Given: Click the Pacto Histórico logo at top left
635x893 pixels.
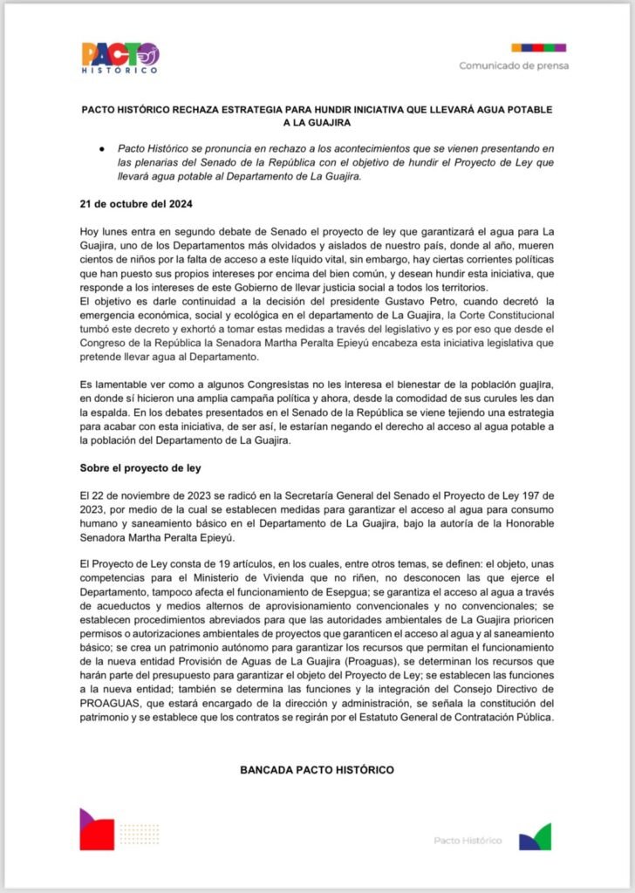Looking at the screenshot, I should coord(120,57).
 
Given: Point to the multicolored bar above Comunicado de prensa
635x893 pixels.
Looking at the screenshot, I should coord(538,47).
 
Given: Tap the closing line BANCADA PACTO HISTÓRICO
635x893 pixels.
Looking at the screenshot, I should coord(317,770).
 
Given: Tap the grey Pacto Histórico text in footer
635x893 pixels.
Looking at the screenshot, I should coord(468,840).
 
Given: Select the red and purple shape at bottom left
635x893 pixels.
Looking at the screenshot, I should coord(97,828).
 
